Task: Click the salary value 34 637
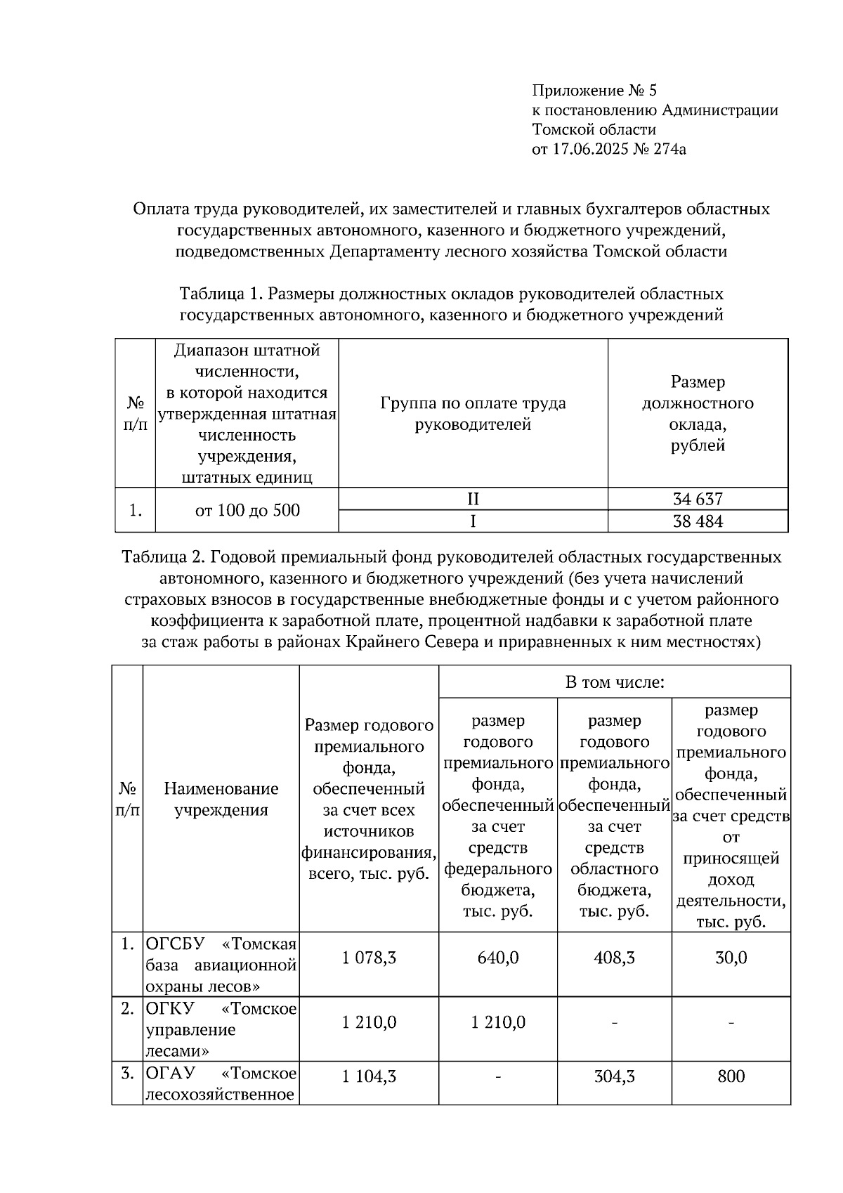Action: pyautogui.click(x=697, y=499)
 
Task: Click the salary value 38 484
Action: pyautogui.click(x=697, y=521)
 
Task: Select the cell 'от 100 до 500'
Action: pyautogui.click(x=247, y=510)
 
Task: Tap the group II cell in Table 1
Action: pyautogui.click(x=473, y=499)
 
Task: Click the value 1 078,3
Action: pyautogui.click(x=369, y=958)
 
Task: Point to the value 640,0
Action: pyautogui.click(x=497, y=958)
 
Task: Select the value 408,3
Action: pyautogui.click(x=614, y=958)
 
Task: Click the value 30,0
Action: pyautogui.click(x=731, y=958)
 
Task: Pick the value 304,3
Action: pyautogui.click(x=614, y=1076)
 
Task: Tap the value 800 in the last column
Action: pyautogui.click(x=731, y=1076)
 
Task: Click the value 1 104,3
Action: pyautogui.click(x=369, y=1076)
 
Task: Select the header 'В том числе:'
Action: pyautogui.click(x=615, y=682)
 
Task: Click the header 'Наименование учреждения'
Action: pyautogui.click(x=221, y=799)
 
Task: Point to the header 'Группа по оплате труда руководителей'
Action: pyautogui.click(x=473, y=414)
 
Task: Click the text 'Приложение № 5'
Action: pyautogui.click(x=594, y=91)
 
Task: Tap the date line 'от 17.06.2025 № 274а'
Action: pyautogui.click(x=609, y=149)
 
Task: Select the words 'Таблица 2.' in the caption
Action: pyautogui.click(x=163, y=558)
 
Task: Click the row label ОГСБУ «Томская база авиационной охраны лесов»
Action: pyautogui.click(x=221, y=964)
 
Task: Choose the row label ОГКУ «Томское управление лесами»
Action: pyautogui.click(x=221, y=1030)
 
